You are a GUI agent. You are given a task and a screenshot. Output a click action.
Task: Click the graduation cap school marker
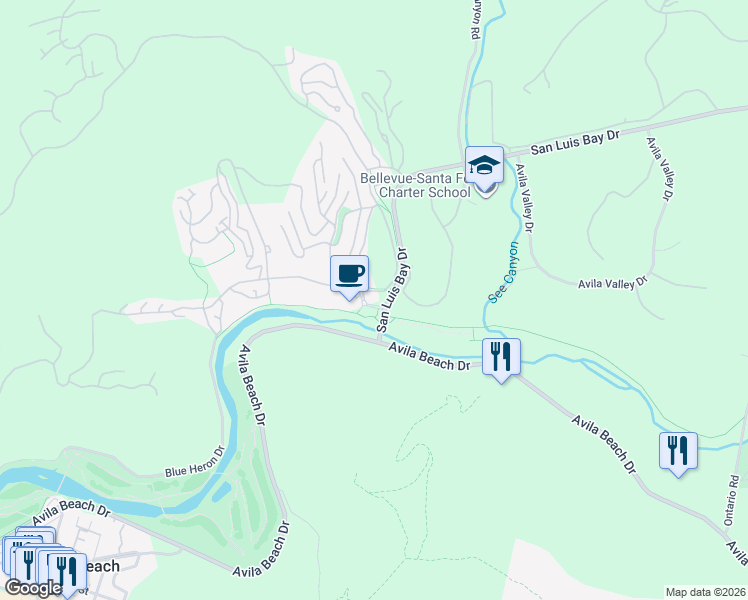coord(484,167)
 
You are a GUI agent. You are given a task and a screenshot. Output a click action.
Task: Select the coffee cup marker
coord(349,274)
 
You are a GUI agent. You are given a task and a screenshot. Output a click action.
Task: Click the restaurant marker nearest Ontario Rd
coord(678,451)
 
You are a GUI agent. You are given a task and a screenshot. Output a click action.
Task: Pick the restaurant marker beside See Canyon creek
coord(501,357)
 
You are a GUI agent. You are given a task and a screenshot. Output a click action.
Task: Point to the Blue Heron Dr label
coord(194,463)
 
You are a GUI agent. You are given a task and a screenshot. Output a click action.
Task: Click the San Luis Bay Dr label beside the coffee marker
coord(394,291)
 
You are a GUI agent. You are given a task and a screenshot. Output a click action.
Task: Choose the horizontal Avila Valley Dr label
coord(614,284)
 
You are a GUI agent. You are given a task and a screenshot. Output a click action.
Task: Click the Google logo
coord(32,588)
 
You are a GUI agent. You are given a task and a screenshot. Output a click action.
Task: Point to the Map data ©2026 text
coord(705,592)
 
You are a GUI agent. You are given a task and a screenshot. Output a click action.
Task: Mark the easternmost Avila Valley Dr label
coord(658,168)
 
